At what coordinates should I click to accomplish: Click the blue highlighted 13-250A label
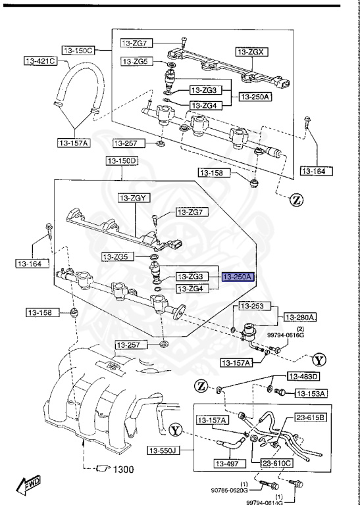(238, 277)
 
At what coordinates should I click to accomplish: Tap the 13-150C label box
(78, 50)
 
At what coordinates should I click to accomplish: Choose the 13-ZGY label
(134, 197)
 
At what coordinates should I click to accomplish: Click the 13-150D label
(121, 160)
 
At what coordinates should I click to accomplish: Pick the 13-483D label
(303, 377)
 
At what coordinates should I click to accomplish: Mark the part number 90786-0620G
(229, 490)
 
